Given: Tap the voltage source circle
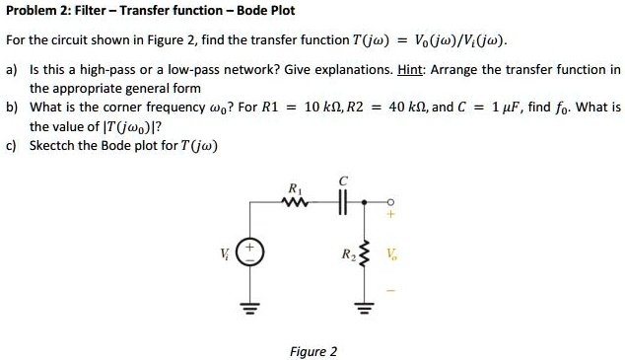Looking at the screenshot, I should coord(250,252).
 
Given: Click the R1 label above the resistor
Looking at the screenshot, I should coord(294,188).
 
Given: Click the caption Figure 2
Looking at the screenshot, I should coord(312,351).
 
